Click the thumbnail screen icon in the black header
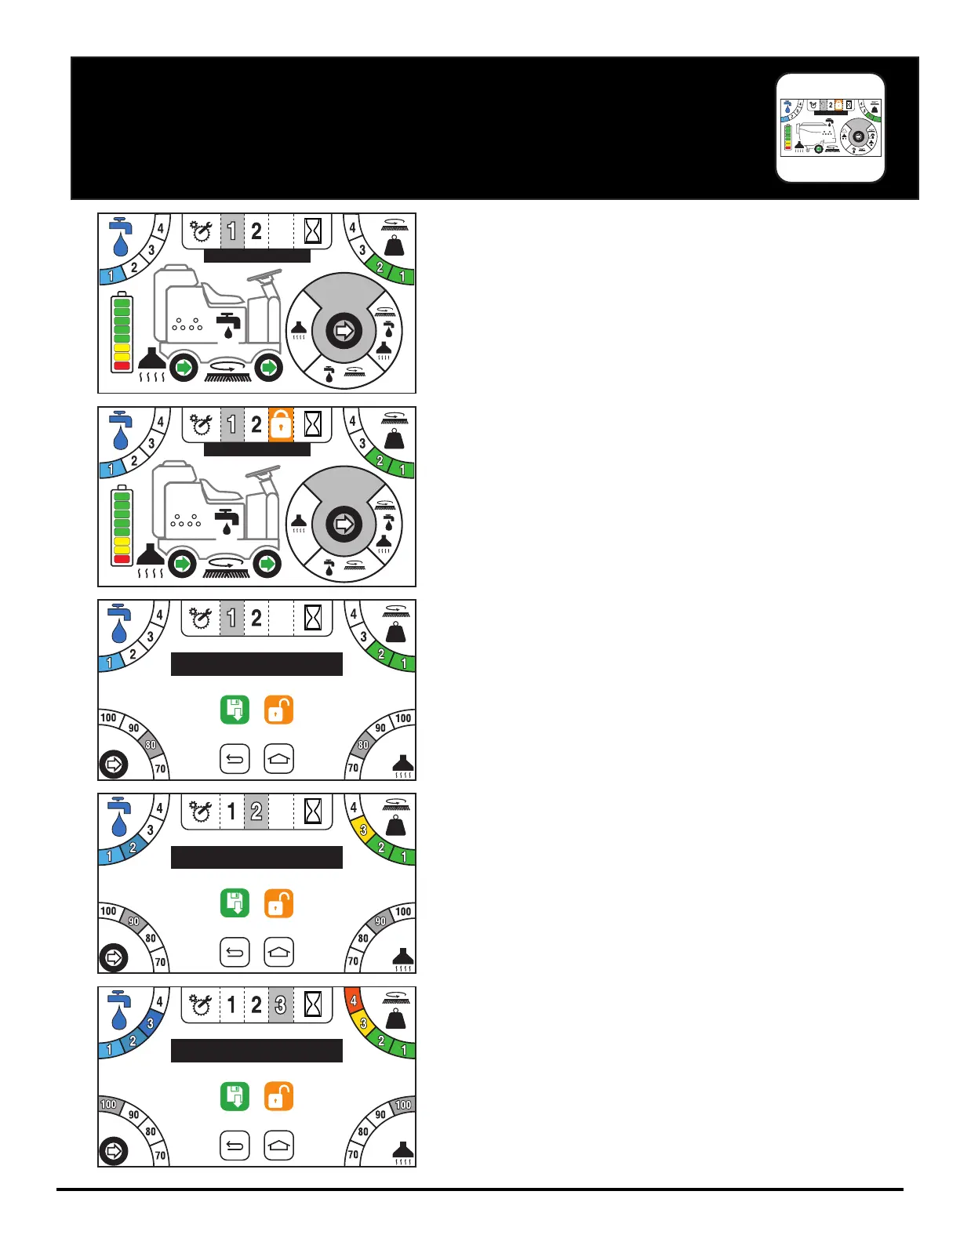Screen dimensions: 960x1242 click(x=831, y=128)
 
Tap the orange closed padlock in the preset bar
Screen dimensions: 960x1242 click(x=281, y=424)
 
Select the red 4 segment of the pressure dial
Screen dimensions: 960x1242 click(x=354, y=1001)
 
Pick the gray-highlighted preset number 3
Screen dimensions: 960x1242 click(x=281, y=1004)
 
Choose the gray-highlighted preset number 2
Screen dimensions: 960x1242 click(x=256, y=812)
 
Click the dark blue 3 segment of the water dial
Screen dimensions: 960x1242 click(x=151, y=1023)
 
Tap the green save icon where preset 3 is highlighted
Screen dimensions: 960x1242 click(x=235, y=1097)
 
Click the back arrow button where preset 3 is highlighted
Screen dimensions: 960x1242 click(x=235, y=1146)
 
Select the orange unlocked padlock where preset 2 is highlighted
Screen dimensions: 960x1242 click(x=278, y=903)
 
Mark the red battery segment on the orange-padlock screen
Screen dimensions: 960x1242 click(x=122, y=559)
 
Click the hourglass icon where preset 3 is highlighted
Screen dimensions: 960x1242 click(x=313, y=1004)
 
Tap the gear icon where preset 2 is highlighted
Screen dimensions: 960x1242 click(x=201, y=812)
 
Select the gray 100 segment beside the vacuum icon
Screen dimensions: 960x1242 click(x=403, y=1105)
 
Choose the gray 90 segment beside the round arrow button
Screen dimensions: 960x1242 click(x=133, y=922)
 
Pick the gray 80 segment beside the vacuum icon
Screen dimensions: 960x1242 click(x=363, y=745)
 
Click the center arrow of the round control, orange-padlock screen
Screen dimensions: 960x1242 click(x=344, y=524)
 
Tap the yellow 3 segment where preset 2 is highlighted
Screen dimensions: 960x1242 click(x=363, y=830)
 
